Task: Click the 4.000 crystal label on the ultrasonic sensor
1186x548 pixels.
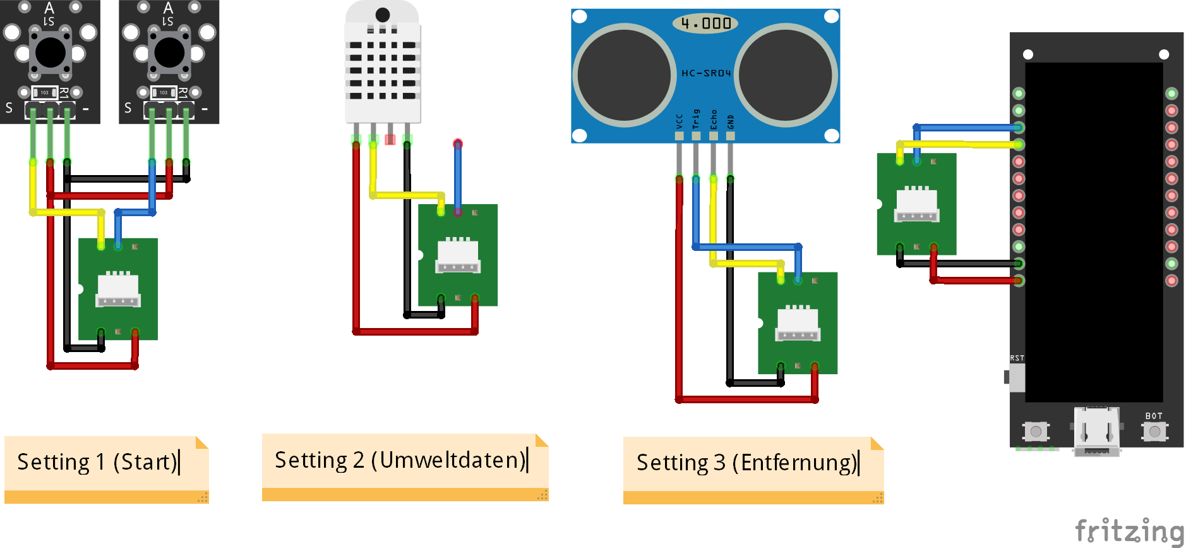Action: (705, 23)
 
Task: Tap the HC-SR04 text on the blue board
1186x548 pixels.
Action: (705, 73)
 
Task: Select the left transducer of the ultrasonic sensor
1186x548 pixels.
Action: (625, 75)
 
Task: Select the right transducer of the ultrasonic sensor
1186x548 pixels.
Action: (786, 75)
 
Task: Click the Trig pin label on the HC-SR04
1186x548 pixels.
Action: (696, 118)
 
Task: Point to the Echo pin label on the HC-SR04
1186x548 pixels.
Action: (714, 119)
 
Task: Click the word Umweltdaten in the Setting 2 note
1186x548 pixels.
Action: (448, 460)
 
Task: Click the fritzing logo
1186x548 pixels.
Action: (1129, 530)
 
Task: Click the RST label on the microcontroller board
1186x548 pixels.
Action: (1017, 358)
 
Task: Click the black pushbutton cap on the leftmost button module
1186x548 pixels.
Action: (51, 52)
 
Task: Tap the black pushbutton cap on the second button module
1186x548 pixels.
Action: (169, 52)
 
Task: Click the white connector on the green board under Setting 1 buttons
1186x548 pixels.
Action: (118, 290)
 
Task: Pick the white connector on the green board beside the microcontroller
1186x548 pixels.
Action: (917, 205)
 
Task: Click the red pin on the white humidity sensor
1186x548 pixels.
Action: (390, 139)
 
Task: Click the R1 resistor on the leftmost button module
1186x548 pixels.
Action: (45, 93)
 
